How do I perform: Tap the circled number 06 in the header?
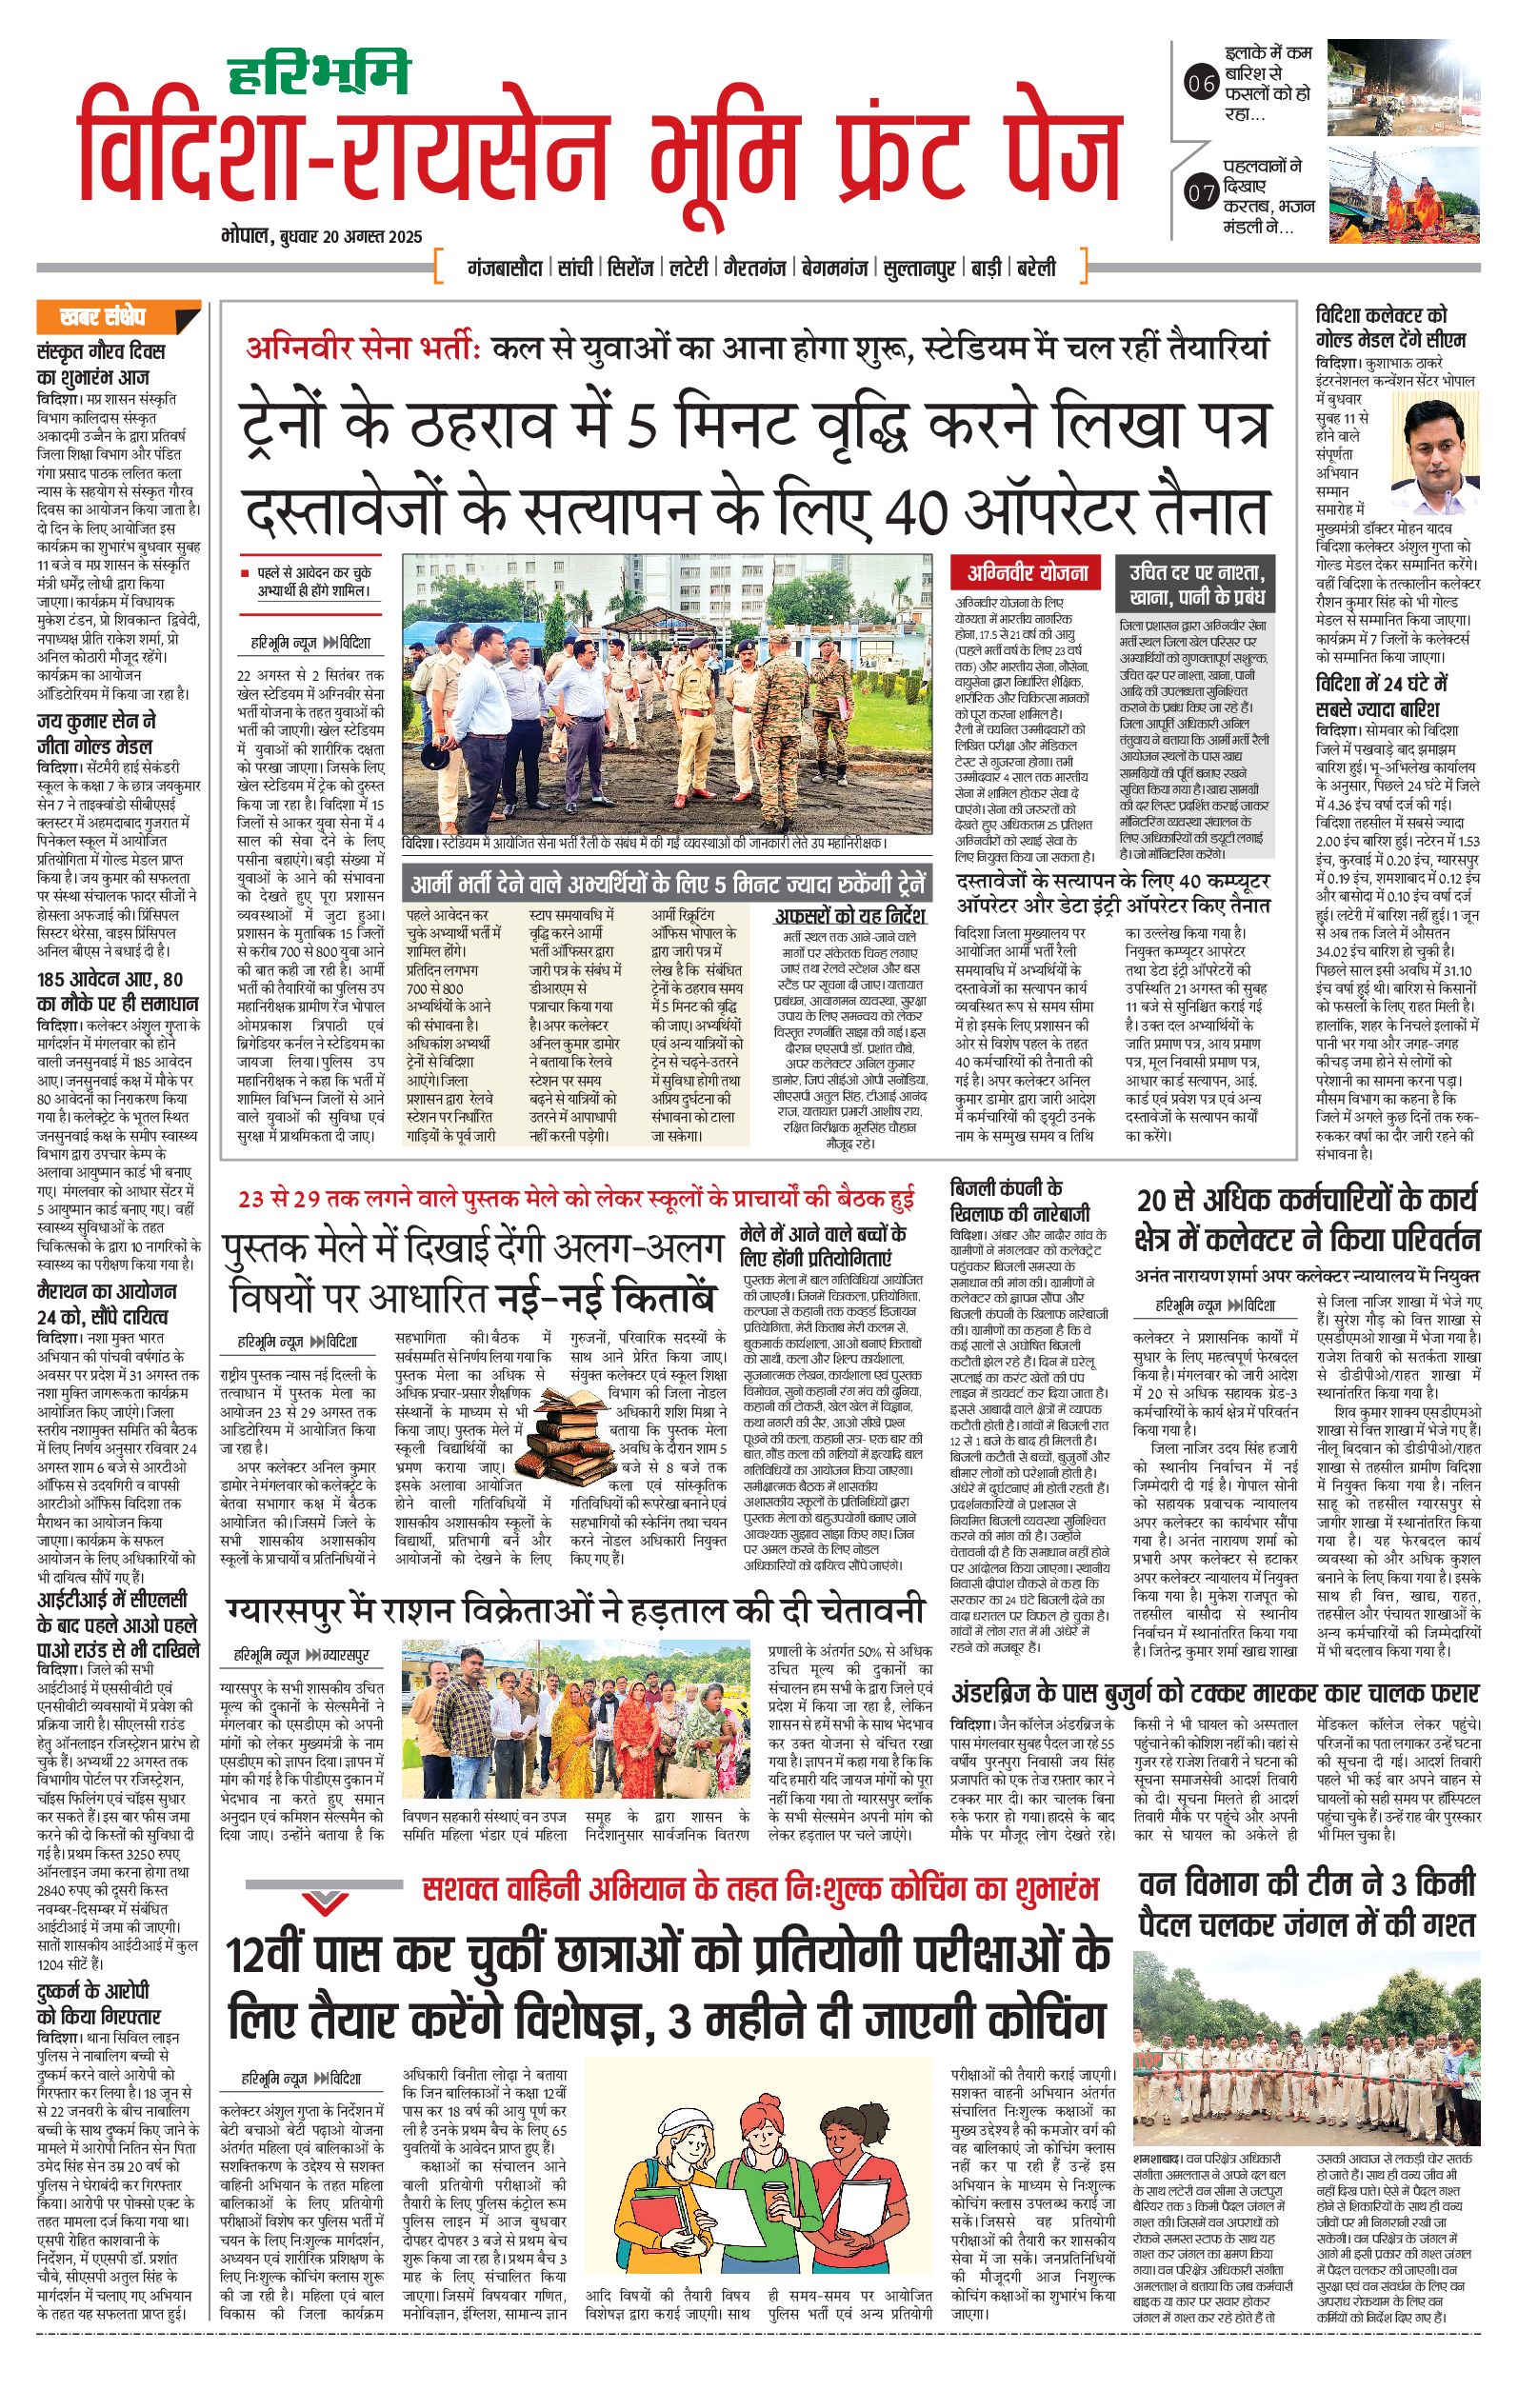[x=1201, y=85]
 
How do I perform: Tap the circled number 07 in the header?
[x=1201, y=192]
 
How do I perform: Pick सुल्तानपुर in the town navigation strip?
[x=918, y=268]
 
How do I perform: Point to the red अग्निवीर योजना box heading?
[x=1029, y=571]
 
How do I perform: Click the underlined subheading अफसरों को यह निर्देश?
[x=849, y=914]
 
